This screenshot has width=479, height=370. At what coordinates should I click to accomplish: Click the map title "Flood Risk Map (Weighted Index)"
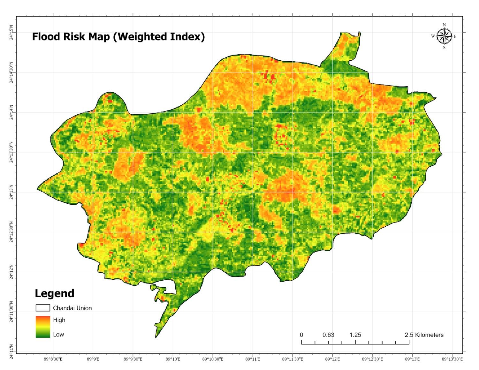[x=118, y=37]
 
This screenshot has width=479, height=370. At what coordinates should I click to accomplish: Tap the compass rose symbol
[x=444, y=36]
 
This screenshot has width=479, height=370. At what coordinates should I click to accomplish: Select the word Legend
[x=54, y=293]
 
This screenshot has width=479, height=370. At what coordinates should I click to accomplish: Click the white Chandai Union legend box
[x=43, y=308]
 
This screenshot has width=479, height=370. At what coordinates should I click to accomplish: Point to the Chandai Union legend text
[x=72, y=308]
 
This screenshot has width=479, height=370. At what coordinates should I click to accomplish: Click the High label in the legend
[x=59, y=320]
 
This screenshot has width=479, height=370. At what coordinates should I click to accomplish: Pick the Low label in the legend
[x=58, y=335]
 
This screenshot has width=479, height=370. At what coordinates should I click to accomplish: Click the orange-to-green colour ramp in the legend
[x=43, y=327]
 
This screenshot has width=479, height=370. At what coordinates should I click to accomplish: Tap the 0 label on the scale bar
[x=301, y=335]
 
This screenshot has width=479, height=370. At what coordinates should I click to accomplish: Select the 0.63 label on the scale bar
[x=328, y=335]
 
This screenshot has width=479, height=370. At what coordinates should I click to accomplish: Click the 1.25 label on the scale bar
[x=355, y=335]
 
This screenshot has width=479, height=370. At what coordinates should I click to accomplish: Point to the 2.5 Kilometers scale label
[x=424, y=335]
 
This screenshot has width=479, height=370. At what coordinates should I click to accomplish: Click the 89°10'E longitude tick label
[x=173, y=359]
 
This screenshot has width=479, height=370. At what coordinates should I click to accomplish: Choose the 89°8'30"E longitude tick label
[x=53, y=359]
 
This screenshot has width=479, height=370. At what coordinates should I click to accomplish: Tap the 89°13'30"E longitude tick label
[x=452, y=359]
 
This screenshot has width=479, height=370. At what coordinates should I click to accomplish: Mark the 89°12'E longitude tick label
[x=332, y=359]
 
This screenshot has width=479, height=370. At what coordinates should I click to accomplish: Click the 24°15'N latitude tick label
[x=11, y=32]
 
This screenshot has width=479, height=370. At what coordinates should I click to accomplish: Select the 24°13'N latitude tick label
[x=11, y=192]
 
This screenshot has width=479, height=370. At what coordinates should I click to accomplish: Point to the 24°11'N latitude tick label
[x=11, y=351]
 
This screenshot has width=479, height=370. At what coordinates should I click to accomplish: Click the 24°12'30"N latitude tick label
[x=11, y=232]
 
